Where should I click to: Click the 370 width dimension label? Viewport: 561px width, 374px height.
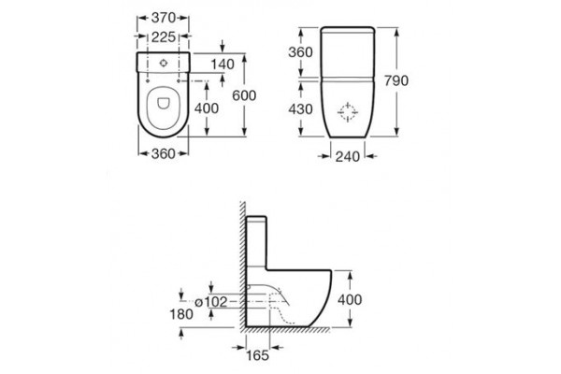click(x=163, y=18)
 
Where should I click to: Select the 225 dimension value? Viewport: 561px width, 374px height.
click(x=164, y=36)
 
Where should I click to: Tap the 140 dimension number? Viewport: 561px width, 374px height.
click(x=223, y=65)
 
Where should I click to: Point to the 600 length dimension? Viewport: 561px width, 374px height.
click(x=244, y=95)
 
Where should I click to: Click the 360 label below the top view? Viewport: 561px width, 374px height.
click(x=163, y=154)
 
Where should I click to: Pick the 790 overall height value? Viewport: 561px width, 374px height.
click(x=396, y=81)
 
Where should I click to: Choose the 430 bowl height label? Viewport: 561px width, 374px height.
click(x=300, y=109)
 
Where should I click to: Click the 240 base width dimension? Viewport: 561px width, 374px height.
click(x=348, y=156)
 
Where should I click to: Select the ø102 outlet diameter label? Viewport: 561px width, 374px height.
click(x=210, y=302)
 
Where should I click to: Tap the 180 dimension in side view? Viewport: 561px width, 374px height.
click(x=181, y=314)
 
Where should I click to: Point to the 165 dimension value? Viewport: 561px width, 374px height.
click(x=258, y=355)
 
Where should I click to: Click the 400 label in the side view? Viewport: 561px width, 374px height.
click(x=350, y=299)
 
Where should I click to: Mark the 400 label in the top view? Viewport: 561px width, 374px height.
click(x=207, y=108)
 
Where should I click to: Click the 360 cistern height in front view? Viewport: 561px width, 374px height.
click(x=300, y=52)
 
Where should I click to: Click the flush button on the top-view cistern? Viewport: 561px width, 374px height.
click(x=164, y=64)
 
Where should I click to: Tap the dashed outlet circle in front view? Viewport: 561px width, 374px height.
click(x=348, y=112)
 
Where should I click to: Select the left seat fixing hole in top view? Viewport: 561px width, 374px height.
click(x=148, y=81)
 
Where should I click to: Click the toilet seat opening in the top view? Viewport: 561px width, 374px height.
click(x=164, y=103)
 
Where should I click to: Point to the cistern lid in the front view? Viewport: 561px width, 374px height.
click(x=348, y=30)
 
